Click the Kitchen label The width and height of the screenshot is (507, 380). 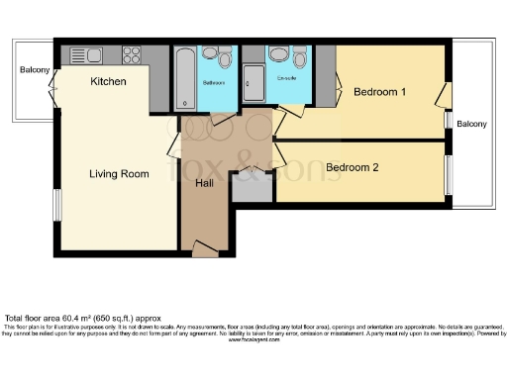coord(108,81)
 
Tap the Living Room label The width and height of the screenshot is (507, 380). coord(119,174)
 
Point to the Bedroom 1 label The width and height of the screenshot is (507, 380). coord(380,92)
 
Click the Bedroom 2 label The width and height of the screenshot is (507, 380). coord(353,167)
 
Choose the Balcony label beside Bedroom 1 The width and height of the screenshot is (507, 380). coord(471,124)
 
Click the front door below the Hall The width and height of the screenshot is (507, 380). coord(204,251)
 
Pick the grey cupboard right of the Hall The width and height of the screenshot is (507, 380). coord(252,187)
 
